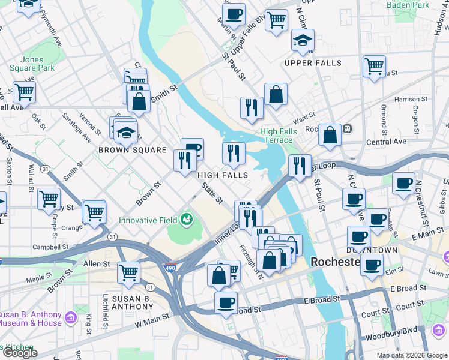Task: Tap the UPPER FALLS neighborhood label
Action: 313,63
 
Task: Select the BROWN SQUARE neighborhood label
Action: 132,150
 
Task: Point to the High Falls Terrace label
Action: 276,136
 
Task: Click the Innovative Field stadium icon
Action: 187,220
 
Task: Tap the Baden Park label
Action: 408,5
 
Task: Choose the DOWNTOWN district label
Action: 372,250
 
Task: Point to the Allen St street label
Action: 97,263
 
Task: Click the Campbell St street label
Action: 49,247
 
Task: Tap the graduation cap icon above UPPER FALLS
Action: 303,40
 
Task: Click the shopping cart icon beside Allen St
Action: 128,272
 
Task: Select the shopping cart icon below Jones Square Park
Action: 24,92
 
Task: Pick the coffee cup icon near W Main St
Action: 226,302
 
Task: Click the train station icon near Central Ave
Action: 346,129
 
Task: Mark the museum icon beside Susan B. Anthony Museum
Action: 71,316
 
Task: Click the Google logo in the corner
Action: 19,353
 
